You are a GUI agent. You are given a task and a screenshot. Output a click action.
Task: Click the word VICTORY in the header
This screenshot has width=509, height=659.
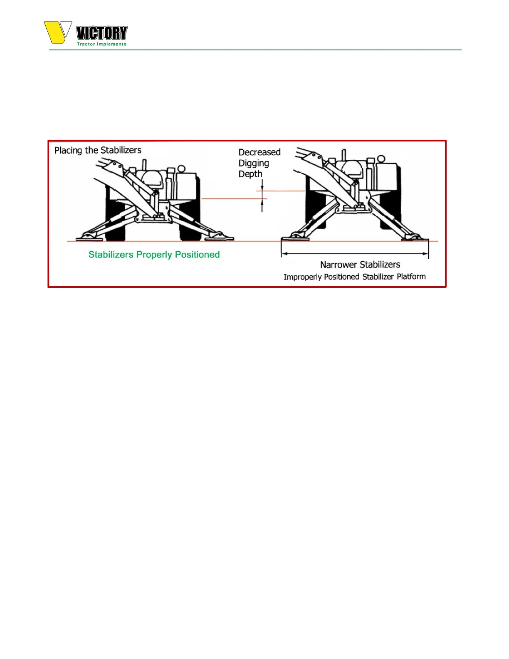[x=101, y=33]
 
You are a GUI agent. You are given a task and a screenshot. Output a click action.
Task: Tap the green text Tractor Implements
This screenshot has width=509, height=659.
[x=101, y=44]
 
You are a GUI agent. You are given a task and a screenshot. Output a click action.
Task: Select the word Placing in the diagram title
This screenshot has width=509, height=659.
[x=68, y=151]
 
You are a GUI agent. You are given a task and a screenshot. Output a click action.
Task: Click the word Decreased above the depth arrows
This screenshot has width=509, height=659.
[x=259, y=152]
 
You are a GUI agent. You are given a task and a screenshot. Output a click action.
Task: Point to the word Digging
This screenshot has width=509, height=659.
[x=254, y=163]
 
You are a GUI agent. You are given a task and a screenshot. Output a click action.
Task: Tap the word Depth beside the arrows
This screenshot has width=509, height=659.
[x=250, y=174]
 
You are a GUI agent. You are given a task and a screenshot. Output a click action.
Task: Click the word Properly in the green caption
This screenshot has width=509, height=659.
[x=154, y=255]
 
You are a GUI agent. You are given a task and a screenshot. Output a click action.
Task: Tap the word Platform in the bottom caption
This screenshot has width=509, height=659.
[x=411, y=277]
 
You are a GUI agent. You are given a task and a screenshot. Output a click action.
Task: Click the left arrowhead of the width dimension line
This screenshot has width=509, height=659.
[x=284, y=253]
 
